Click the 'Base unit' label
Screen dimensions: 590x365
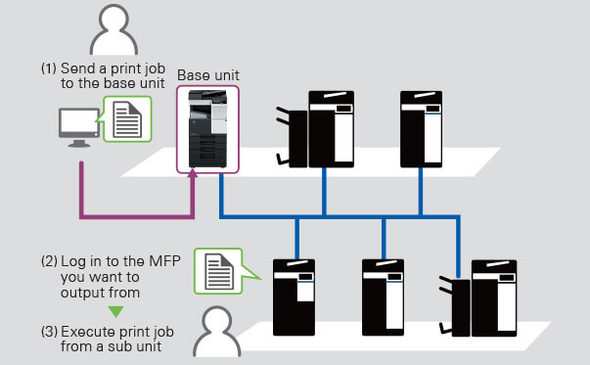(x=208, y=75)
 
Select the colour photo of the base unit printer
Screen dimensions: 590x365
(x=208, y=129)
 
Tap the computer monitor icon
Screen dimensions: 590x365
(x=79, y=127)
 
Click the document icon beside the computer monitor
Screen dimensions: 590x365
(x=127, y=119)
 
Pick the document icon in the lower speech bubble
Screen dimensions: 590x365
(x=219, y=271)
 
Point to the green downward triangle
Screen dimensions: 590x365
(x=115, y=311)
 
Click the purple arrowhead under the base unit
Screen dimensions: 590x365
(x=193, y=173)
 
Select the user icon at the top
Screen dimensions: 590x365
(x=113, y=30)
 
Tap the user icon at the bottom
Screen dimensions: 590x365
(x=217, y=332)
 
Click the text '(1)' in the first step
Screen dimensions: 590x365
(x=49, y=68)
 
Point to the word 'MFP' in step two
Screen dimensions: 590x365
(x=164, y=260)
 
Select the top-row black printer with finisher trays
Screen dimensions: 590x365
(x=315, y=129)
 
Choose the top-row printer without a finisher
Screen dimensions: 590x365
(x=421, y=129)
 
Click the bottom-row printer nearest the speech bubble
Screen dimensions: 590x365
(x=294, y=297)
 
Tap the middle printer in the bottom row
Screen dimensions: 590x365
(x=383, y=297)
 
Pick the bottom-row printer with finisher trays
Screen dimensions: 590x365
(x=478, y=298)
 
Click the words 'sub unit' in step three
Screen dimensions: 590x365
(x=135, y=346)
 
